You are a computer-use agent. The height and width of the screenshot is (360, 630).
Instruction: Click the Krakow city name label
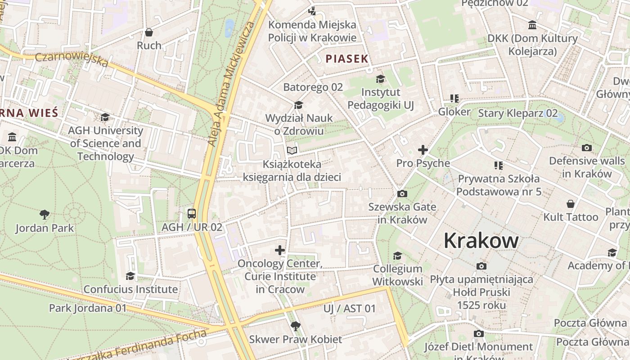click(x=481, y=241)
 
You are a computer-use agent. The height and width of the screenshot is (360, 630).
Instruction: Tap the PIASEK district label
click(x=347, y=58)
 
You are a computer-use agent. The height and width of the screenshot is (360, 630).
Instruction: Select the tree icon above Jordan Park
click(x=44, y=214)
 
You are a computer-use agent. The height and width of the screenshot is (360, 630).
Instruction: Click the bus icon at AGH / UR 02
click(x=192, y=214)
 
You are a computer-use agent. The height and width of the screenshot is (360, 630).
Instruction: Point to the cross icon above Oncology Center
click(x=280, y=250)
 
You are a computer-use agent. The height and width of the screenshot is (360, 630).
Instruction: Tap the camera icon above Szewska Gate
click(x=402, y=194)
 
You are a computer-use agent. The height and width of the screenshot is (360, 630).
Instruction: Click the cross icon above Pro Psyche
click(x=423, y=150)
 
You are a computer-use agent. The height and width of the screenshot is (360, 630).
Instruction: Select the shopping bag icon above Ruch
click(x=149, y=32)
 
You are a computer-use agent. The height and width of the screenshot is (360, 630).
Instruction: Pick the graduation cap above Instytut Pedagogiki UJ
click(x=380, y=79)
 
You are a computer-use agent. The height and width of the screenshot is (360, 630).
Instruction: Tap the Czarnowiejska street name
click(x=72, y=59)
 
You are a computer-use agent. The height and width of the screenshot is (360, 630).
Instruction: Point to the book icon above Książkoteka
click(x=292, y=150)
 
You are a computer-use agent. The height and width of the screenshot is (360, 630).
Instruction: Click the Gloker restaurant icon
click(x=454, y=99)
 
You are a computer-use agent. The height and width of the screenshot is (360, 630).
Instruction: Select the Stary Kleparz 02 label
click(x=517, y=113)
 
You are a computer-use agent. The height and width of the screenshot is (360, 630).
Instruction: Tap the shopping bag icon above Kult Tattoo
click(x=571, y=204)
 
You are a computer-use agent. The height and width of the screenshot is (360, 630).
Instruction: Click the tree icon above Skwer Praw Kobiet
click(x=296, y=326)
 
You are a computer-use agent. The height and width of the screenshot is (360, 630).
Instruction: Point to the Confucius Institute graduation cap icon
click(x=130, y=275)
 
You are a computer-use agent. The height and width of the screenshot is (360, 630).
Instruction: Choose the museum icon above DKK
click(x=532, y=25)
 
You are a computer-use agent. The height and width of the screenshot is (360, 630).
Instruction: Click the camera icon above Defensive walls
click(x=586, y=148)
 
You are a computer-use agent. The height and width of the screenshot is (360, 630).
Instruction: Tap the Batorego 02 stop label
click(x=313, y=87)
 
